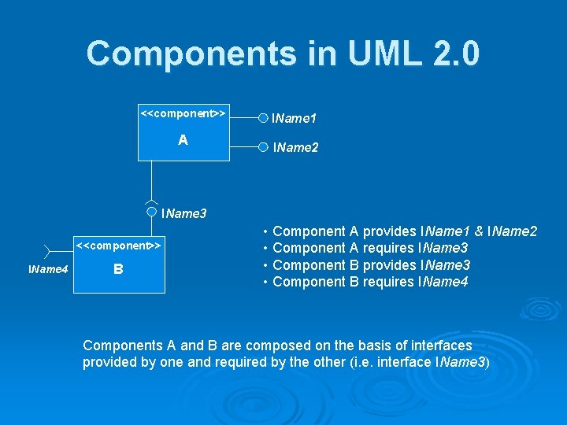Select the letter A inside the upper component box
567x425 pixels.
183,140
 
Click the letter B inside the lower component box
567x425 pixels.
118,269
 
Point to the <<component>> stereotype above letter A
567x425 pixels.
183,113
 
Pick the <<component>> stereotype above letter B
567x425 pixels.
118,246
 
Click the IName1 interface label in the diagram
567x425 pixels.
294,119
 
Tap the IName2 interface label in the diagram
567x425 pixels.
295,147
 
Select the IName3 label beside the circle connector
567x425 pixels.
183,213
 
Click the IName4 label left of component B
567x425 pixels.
48,270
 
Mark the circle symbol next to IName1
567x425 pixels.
263,118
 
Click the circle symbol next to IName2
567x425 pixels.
263,146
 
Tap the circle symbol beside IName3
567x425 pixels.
151,211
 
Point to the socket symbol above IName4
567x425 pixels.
47,251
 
